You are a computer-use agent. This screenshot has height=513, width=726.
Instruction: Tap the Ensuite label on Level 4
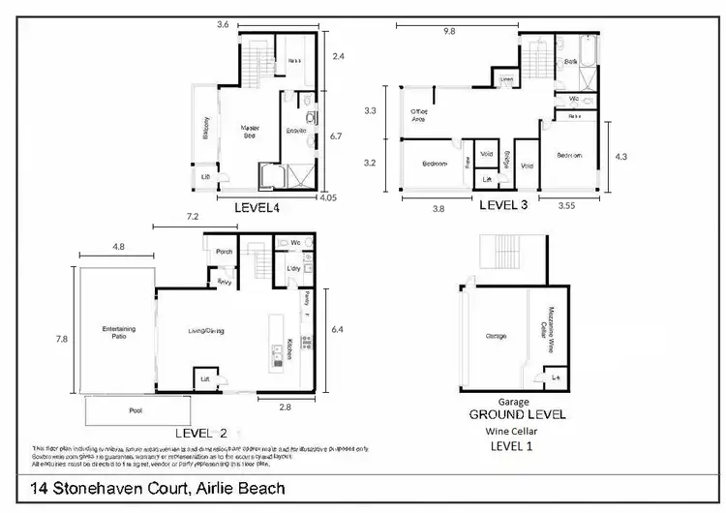(x=296, y=131)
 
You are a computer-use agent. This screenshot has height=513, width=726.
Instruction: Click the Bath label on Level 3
(x=571, y=61)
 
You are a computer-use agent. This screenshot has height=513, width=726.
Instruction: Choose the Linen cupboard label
(x=507, y=79)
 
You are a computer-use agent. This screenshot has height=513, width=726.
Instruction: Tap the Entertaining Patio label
(x=118, y=333)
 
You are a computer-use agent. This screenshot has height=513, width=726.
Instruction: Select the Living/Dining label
(x=206, y=332)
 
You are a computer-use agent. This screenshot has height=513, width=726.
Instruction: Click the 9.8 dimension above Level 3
(x=448, y=31)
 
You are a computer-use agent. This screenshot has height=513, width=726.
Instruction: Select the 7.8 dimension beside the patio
(x=62, y=339)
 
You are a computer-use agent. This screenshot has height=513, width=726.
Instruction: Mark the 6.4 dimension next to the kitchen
(x=336, y=329)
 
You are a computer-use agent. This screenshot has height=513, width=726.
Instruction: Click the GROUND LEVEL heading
(x=517, y=414)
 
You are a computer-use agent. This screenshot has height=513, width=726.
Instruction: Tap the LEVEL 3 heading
(x=506, y=205)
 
